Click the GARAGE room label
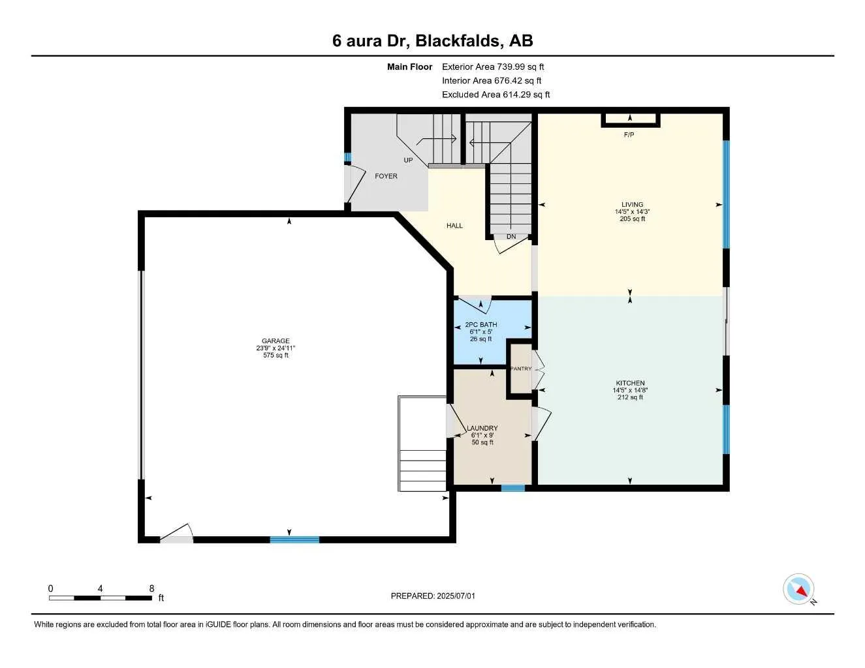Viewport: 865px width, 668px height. (x=275, y=341)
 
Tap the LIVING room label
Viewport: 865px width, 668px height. (x=632, y=205)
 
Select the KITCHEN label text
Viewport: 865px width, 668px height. (x=630, y=384)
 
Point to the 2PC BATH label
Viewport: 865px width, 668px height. (x=480, y=325)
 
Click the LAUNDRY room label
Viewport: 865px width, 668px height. (x=482, y=429)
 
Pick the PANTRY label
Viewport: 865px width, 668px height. (x=520, y=369)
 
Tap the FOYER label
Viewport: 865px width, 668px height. (x=386, y=176)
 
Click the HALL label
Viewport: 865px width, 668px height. (x=454, y=226)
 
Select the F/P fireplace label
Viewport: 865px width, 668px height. (x=629, y=135)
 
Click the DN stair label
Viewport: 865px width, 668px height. (x=511, y=237)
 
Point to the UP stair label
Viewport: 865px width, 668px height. (x=408, y=160)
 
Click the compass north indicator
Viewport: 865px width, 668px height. (x=799, y=590)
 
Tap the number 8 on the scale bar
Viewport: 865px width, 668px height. (x=151, y=588)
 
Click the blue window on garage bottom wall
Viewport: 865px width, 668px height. (x=294, y=539)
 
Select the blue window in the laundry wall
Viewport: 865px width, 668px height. (x=512, y=487)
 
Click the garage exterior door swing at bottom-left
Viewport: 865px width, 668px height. (x=177, y=534)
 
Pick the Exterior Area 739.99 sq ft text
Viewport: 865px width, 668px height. (x=493, y=67)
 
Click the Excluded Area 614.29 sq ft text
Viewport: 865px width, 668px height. (x=495, y=95)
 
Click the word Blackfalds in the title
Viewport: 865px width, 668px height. (x=459, y=40)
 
